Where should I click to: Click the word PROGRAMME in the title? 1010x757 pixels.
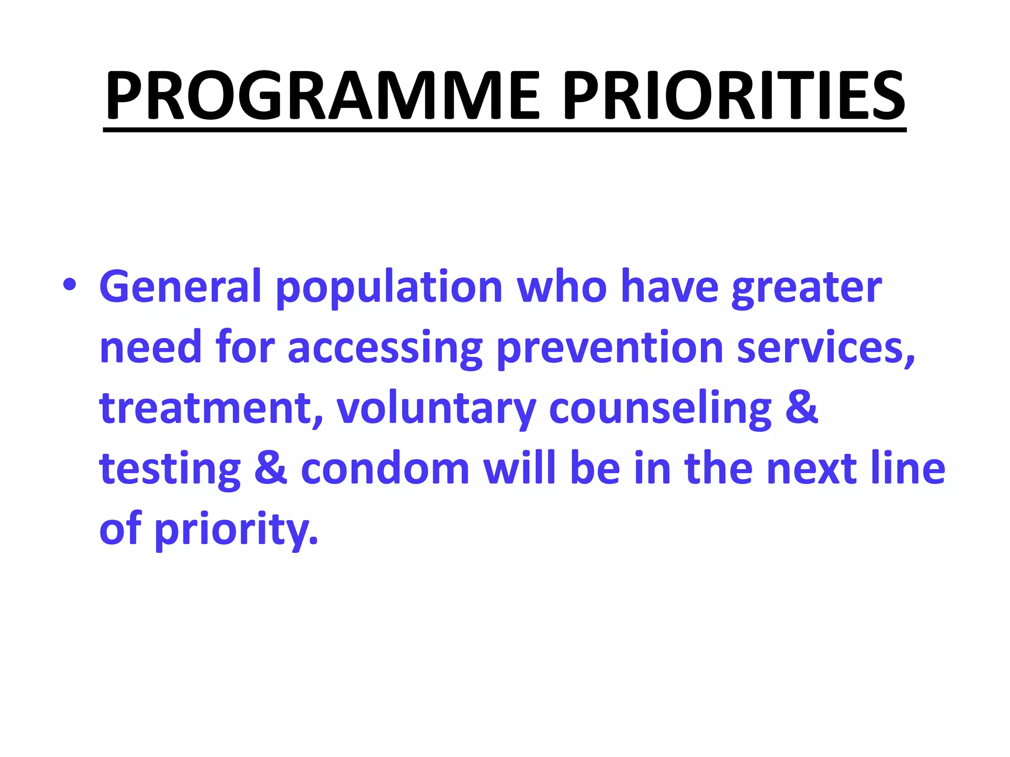tap(323, 96)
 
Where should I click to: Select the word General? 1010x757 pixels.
tap(180, 286)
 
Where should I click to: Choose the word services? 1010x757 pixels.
tap(825, 348)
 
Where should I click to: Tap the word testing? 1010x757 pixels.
tap(170, 470)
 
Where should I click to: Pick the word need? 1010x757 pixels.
tap(150, 348)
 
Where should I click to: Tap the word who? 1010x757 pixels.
tap(562, 286)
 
